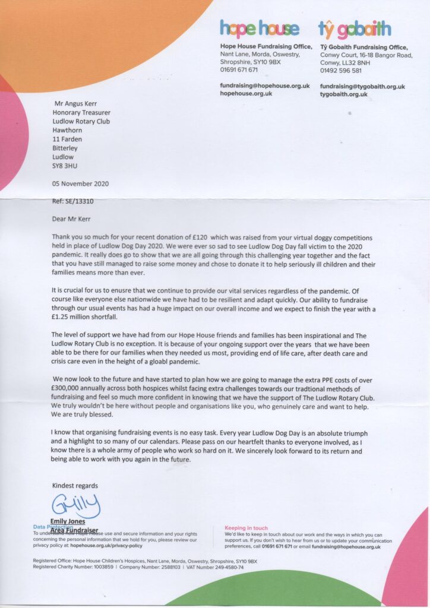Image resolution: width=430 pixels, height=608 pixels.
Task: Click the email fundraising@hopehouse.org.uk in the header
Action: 264,85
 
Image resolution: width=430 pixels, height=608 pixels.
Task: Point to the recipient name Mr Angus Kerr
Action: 75,102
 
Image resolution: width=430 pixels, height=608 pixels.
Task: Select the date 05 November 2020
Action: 81,184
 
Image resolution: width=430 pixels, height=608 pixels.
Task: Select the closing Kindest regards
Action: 75,485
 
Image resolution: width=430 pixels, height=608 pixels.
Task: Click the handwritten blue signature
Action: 75,506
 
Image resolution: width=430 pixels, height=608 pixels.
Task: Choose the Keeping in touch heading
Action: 246,528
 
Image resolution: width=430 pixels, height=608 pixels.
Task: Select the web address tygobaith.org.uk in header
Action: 344,94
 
